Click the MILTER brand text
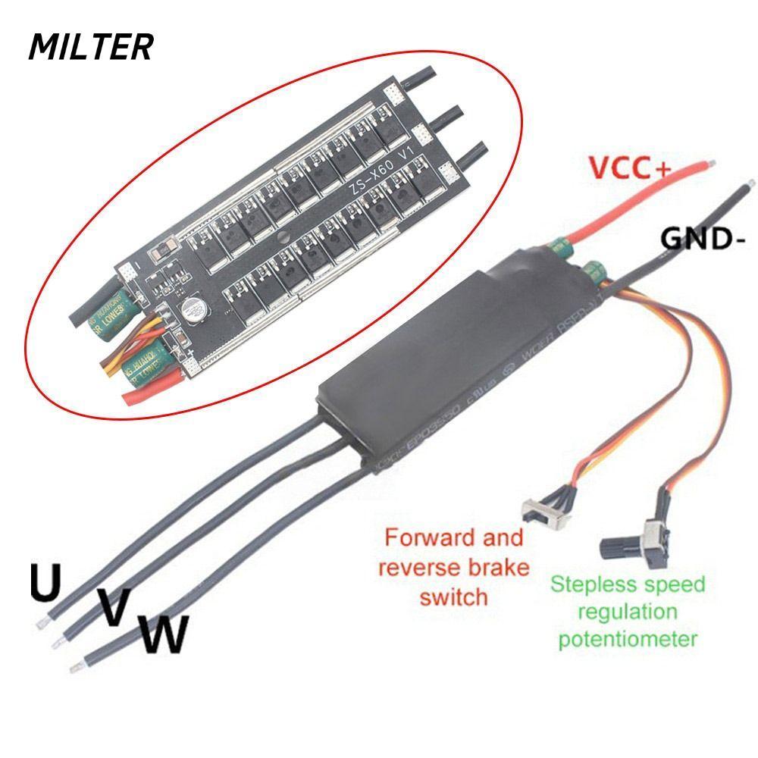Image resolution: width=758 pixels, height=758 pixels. tap(91, 47)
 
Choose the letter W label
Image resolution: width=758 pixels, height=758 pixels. tap(163, 635)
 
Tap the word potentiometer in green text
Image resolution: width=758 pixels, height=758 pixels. tap(627, 638)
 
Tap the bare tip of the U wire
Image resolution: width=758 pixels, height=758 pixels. tap(39, 623)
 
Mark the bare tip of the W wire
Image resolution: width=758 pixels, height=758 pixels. tap(74, 667)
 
